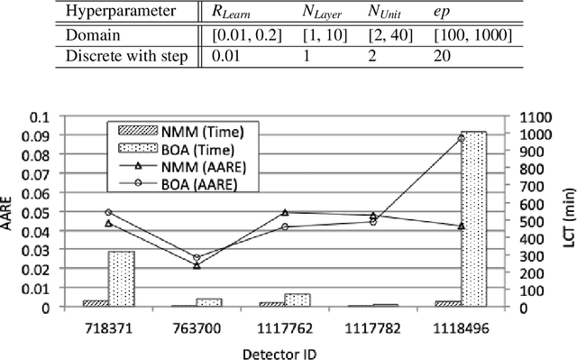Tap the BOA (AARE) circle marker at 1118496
(462, 138)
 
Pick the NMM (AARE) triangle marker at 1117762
(285, 213)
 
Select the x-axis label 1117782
(372, 325)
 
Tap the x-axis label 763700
(197, 325)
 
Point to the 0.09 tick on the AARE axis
(62, 136)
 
